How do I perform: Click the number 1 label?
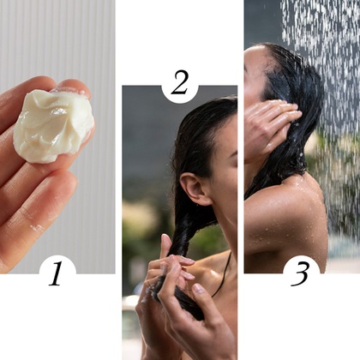tap(56, 273)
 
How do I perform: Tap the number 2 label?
tap(179, 82)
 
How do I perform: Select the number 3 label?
tap(300, 273)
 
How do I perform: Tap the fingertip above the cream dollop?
tap(73, 87)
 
